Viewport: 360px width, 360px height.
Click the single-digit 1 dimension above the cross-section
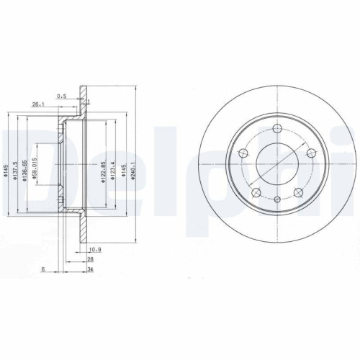click(88, 103)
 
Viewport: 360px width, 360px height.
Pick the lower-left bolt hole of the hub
click(256, 192)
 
